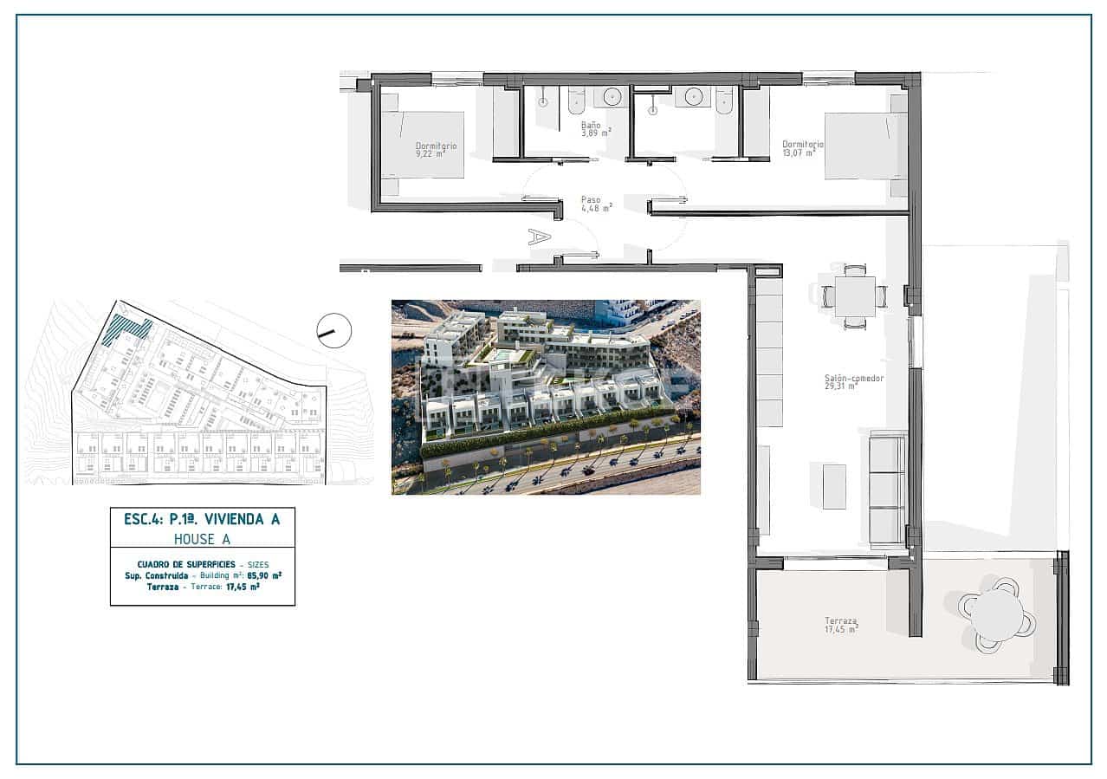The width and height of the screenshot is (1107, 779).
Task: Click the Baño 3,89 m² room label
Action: click(596, 129)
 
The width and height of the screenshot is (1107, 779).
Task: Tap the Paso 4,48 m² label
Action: click(596, 204)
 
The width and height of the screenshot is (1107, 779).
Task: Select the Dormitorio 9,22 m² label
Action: click(435, 150)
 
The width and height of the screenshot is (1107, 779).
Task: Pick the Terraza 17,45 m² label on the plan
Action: click(840, 625)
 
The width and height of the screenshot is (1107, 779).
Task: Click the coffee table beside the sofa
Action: click(834, 486)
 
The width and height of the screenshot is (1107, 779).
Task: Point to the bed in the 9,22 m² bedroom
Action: click(424, 146)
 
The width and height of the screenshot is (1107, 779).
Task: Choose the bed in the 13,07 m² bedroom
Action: click(863, 146)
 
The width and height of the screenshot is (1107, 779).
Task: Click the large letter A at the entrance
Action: click(539, 236)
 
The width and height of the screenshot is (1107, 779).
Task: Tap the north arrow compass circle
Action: click(333, 330)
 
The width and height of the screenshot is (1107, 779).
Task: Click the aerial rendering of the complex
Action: click(546, 397)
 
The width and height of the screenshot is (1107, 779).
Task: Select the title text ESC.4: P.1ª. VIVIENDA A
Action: click(202, 519)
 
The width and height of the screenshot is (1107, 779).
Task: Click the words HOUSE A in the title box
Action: click(202, 539)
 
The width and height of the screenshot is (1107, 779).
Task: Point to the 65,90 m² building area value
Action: click(264, 575)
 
